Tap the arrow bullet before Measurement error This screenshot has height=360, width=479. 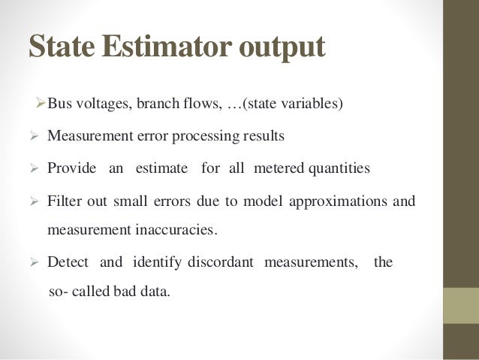point(32,137)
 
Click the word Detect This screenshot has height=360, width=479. point(68,263)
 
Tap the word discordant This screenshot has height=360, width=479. point(225,263)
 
